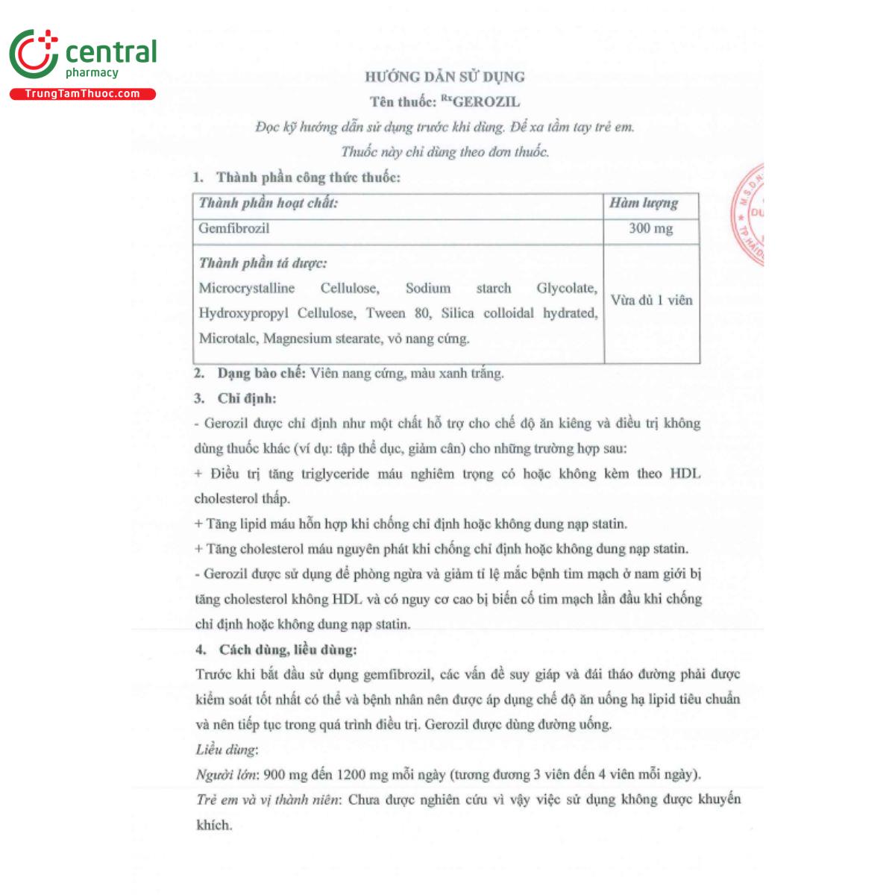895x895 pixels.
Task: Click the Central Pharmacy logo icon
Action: [34, 54]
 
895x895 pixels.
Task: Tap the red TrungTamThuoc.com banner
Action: [82, 94]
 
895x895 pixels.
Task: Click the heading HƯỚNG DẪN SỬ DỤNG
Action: [445, 77]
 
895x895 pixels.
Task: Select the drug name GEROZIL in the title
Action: [486, 102]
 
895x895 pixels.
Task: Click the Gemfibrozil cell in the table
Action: [234, 229]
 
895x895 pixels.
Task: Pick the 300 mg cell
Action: [650, 229]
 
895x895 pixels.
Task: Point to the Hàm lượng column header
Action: [643, 203]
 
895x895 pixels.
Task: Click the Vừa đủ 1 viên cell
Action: [651, 301]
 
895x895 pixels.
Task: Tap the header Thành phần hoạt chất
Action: [268, 203]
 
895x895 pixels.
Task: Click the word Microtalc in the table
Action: [227, 339]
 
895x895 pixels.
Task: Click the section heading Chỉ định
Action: [246, 398]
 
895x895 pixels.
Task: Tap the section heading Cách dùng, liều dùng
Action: [288, 650]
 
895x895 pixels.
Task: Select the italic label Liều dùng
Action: [226, 750]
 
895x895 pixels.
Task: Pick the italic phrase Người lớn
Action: [222, 775]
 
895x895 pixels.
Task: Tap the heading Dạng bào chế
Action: [261, 373]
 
